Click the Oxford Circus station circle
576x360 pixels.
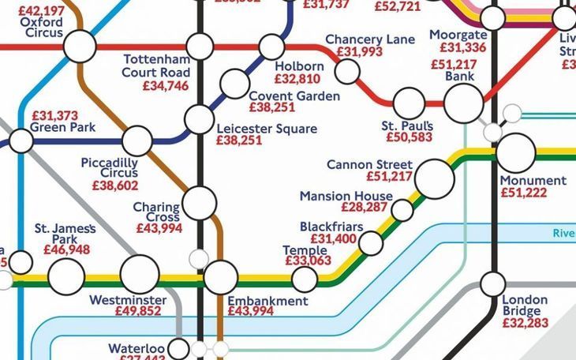point(80,47)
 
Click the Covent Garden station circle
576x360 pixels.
point(234,83)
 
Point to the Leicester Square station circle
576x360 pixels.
point(199,119)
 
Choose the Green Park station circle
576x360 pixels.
point(21,141)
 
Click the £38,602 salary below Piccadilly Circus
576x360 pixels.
point(115,186)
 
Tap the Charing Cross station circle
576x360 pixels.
point(200,202)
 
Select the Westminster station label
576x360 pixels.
point(128,301)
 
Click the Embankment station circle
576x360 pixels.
point(220,277)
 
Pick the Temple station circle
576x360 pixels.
point(304,278)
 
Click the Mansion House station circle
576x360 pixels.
point(402,210)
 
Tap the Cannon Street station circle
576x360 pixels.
point(434,178)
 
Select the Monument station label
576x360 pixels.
point(533,181)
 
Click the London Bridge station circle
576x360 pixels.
point(493,283)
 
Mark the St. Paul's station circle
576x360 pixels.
point(409,103)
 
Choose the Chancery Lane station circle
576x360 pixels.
point(347,71)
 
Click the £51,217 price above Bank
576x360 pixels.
point(454,65)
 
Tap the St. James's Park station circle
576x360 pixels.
point(66,276)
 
